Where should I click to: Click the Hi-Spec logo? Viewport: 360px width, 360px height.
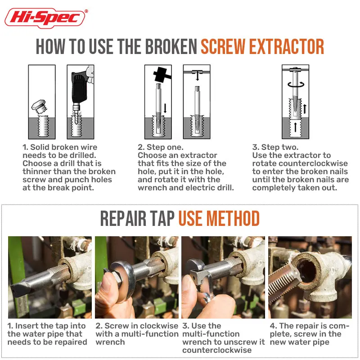(46, 18)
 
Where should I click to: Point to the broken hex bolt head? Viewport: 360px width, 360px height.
(39, 106)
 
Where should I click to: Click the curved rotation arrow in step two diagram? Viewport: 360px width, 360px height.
(296, 85)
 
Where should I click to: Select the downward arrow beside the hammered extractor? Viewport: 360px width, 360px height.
(165, 108)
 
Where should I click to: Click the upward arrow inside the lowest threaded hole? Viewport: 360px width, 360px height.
(296, 127)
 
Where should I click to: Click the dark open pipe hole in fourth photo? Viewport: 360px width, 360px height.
(306, 271)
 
